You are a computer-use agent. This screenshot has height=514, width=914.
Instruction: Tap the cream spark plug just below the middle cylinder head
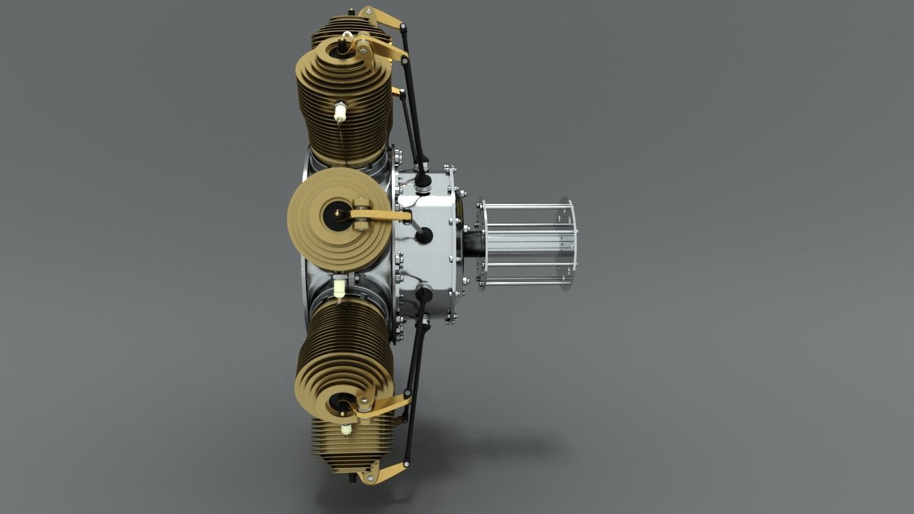tap(339, 288)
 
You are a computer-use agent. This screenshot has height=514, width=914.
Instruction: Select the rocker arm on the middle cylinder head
tap(381, 216)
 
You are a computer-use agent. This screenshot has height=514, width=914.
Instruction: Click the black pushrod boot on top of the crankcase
tap(424, 181)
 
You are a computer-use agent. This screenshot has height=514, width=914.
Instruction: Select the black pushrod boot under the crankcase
tap(424, 293)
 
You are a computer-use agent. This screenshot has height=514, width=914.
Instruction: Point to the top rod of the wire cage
tap(527, 206)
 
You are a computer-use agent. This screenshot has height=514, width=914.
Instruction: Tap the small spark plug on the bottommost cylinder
tap(347, 430)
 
